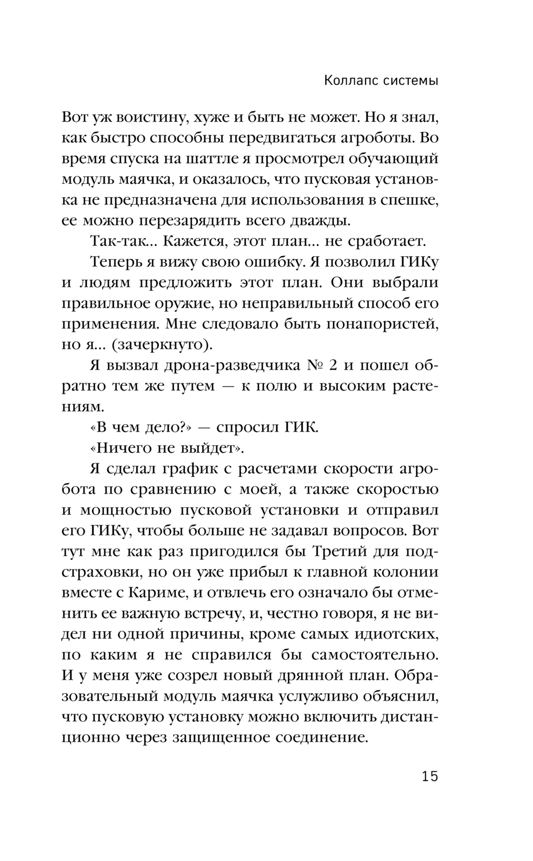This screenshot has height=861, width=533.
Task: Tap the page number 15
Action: coord(430,776)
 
